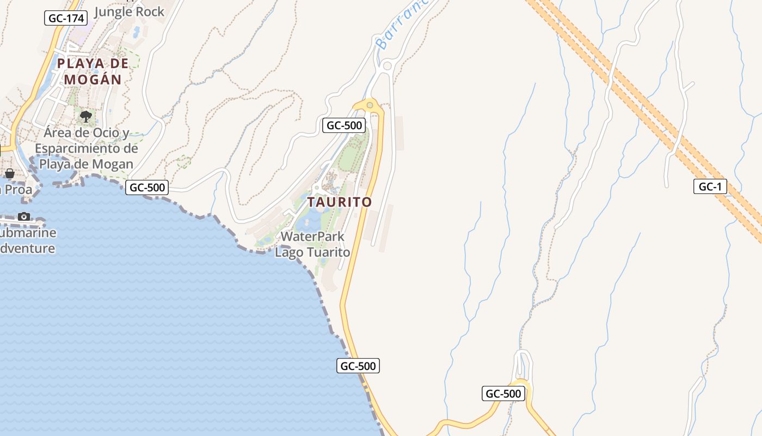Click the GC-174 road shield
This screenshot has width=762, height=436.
click(x=66, y=18)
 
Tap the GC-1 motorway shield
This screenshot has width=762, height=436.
click(x=710, y=186)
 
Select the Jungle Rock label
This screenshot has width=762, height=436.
click(x=129, y=11)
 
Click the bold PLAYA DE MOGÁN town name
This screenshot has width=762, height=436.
click(x=93, y=71)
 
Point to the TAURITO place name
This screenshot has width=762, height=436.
click(x=340, y=202)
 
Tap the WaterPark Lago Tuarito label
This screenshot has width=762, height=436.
click(x=312, y=244)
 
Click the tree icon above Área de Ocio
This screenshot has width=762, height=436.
click(x=85, y=116)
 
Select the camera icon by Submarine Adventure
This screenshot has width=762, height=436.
click(x=24, y=216)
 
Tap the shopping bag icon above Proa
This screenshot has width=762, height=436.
click(x=10, y=173)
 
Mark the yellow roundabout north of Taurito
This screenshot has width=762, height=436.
click(x=370, y=105)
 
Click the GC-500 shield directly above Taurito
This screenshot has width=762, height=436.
click(x=344, y=125)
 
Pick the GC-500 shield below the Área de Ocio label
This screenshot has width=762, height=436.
click(x=147, y=187)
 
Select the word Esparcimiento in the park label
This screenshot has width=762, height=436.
click(x=86, y=148)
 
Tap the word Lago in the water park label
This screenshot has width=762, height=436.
click(x=290, y=252)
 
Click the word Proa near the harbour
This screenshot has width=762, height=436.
click(x=19, y=190)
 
